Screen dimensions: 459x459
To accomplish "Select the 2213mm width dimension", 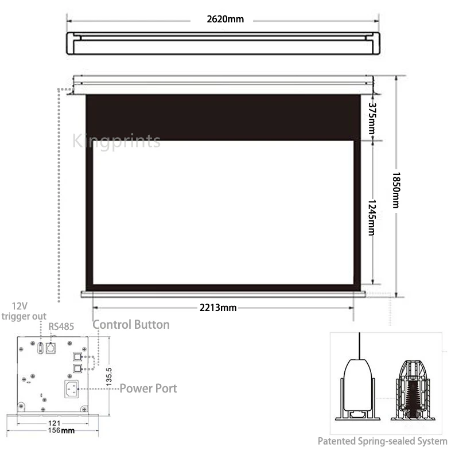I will (218, 308).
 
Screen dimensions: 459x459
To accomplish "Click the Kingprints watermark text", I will (116, 141).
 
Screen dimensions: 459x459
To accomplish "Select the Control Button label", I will (131, 325).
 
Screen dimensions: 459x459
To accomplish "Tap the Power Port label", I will (148, 388).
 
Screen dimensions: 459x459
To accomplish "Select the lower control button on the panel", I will (77, 366).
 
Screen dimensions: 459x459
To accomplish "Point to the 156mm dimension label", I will (60, 430).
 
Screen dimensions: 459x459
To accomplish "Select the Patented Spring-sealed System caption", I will (383, 441).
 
